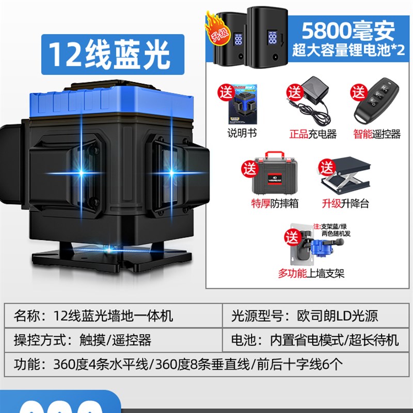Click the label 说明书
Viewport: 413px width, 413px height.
point(242,134)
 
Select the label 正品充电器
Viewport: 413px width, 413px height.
point(313,134)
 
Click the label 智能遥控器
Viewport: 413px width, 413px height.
point(377,134)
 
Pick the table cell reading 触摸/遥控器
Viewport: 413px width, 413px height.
point(114,340)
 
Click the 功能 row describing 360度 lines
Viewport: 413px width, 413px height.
point(206,364)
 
